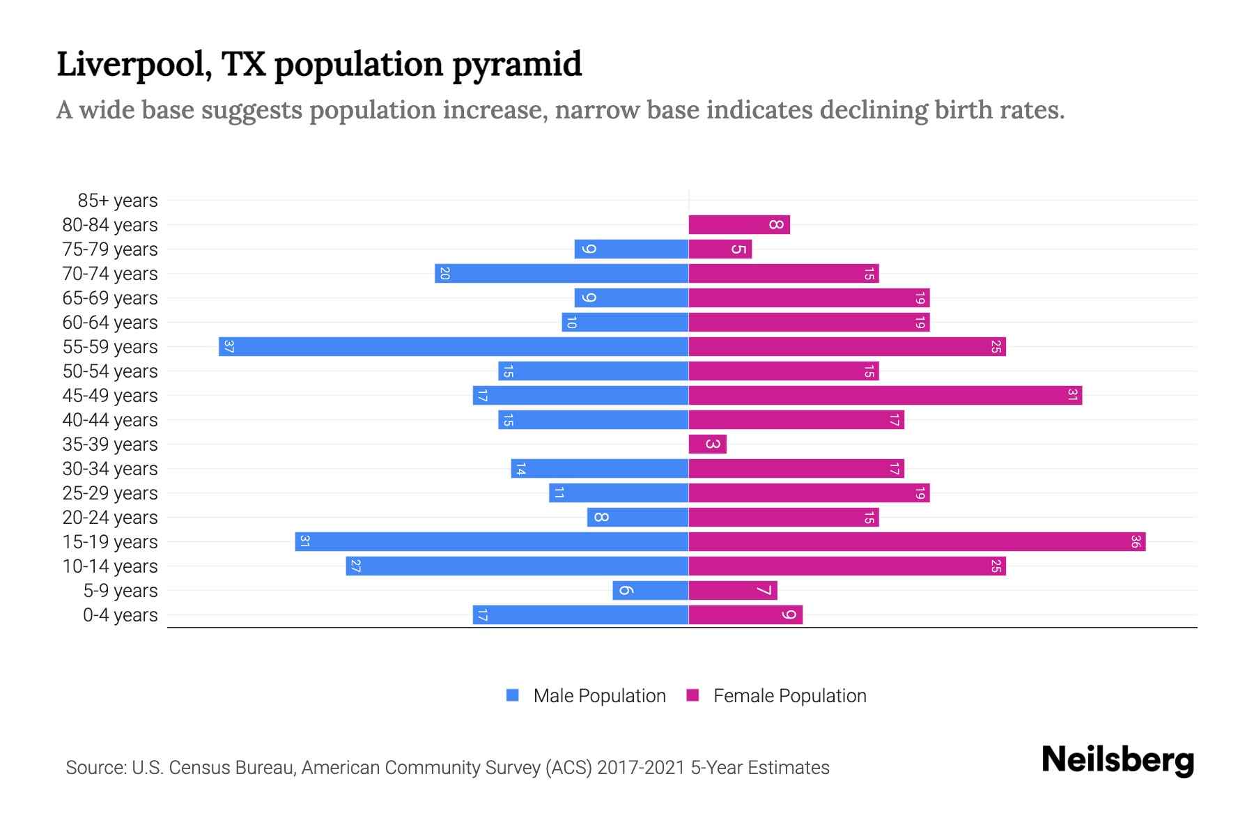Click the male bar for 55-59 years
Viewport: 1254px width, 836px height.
click(x=453, y=346)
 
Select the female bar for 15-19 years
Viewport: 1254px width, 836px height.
click(x=917, y=541)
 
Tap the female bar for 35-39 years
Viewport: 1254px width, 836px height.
click(x=707, y=444)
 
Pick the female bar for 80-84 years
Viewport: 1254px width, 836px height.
click(x=738, y=224)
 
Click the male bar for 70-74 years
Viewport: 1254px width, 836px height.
click(x=562, y=273)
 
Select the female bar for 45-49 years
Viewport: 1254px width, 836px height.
click(x=885, y=395)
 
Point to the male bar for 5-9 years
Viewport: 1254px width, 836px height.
click(x=650, y=590)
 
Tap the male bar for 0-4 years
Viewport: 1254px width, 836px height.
click(x=580, y=614)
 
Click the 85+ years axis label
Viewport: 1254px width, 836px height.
click(x=117, y=201)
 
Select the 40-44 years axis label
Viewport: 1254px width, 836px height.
click(x=110, y=420)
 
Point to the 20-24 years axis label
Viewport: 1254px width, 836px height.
click(x=110, y=518)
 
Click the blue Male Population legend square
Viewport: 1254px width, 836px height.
click(x=513, y=695)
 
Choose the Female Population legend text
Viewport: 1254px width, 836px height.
click(x=789, y=696)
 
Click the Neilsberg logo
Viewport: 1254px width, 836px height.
click(x=1117, y=759)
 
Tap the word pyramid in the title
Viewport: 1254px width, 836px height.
click(x=516, y=65)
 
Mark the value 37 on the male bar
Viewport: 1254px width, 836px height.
click(x=229, y=346)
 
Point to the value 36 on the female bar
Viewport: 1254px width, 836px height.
click(x=1135, y=541)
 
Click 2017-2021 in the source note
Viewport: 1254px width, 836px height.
click(x=640, y=768)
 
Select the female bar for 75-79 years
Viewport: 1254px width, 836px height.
click(x=720, y=249)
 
